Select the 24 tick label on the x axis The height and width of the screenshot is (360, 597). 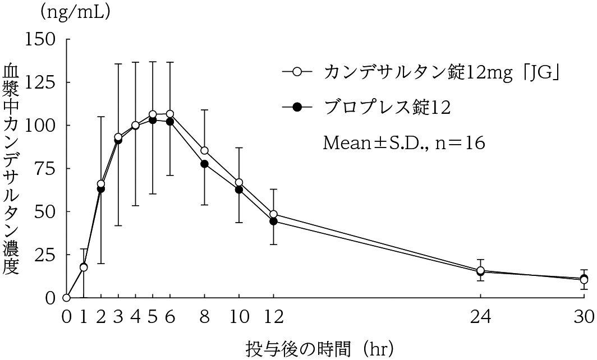click(x=480, y=317)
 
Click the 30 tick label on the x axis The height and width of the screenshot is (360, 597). click(x=584, y=317)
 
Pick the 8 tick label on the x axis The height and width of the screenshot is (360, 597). click(x=204, y=317)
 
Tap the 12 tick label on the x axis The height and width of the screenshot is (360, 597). click(x=274, y=317)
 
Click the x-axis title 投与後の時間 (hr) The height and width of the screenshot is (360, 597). click(x=319, y=348)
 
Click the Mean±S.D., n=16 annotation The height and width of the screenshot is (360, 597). click(x=403, y=142)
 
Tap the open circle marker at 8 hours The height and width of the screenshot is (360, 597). click(x=204, y=150)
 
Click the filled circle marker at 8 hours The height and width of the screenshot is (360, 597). click(x=204, y=164)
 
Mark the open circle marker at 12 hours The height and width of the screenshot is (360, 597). click(x=274, y=214)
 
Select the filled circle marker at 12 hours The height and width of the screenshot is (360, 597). click(x=274, y=221)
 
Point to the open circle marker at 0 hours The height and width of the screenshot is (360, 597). click(x=66, y=298)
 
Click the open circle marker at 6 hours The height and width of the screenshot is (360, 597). click(x=170, y=114)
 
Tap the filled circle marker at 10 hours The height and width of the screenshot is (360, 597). click(x=239, y=190)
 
